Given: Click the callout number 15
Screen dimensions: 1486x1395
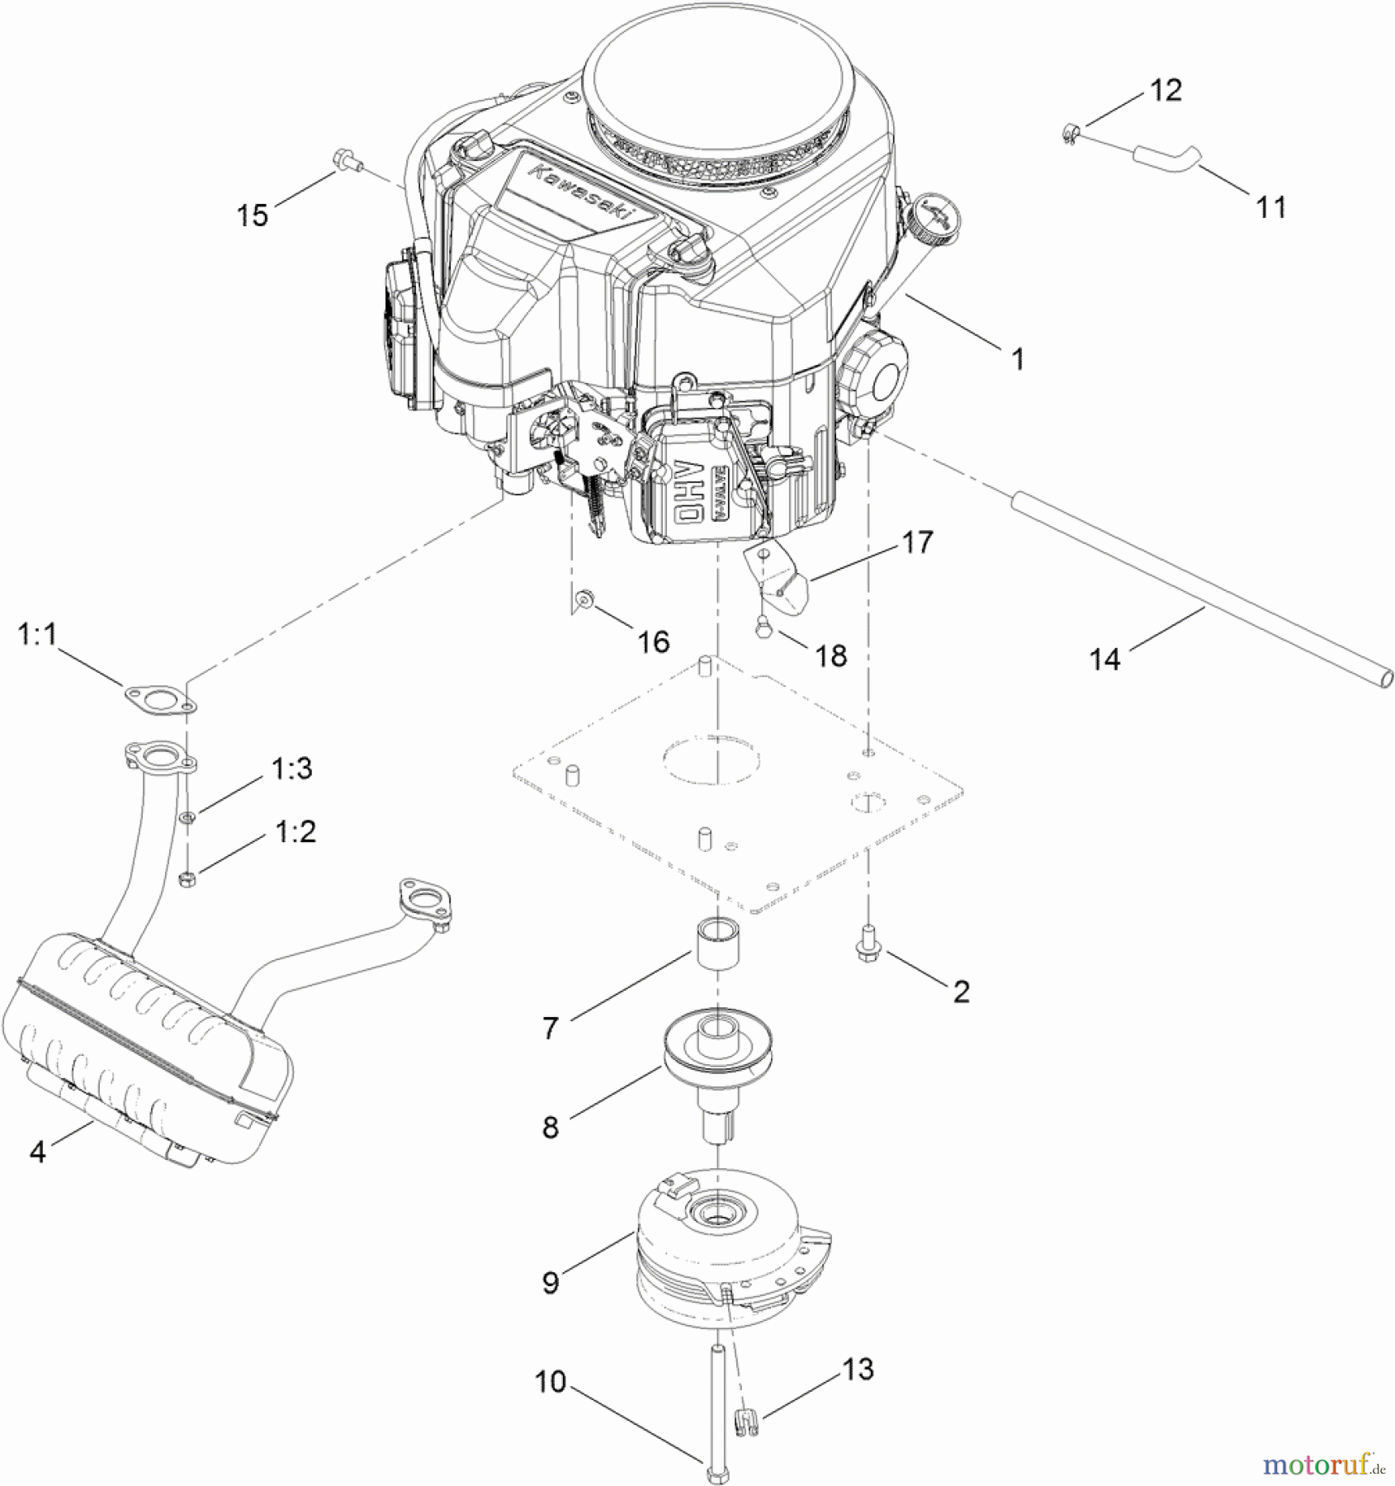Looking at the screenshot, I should pyautogui.click(x=253, y=215).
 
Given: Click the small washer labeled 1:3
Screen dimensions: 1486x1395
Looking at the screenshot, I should pyautogui.click(x=189, y=817).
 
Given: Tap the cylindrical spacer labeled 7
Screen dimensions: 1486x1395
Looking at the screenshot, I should pyautogui.click(x=716, y=944).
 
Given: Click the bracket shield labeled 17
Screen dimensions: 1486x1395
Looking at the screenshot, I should pyautogui.click(x=782, y=582).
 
